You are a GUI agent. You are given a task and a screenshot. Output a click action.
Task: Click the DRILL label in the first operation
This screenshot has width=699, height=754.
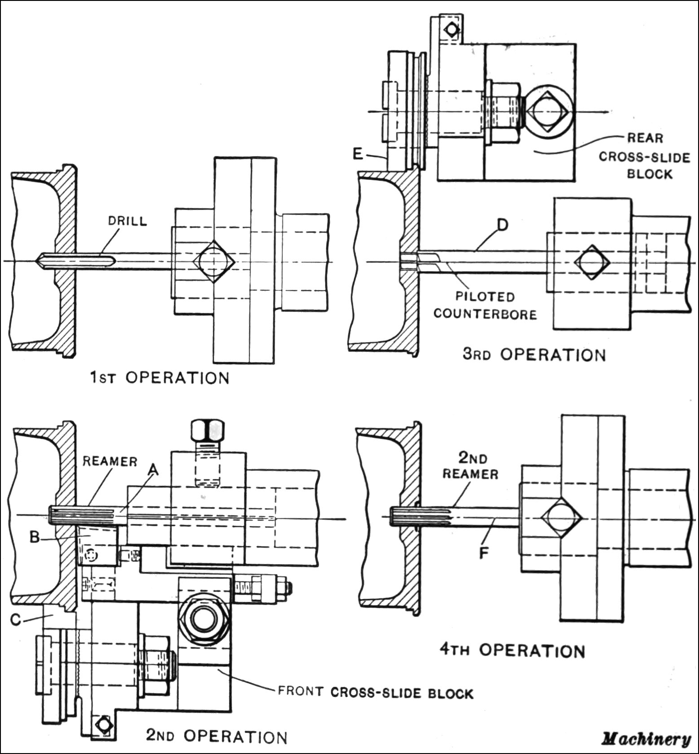(127, 221)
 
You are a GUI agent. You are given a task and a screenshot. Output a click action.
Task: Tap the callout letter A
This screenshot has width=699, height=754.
(154, 469)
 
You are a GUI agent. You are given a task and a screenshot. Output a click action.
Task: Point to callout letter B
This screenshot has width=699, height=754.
(35, 537)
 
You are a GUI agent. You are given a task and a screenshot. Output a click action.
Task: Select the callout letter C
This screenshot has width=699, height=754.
(16, 619)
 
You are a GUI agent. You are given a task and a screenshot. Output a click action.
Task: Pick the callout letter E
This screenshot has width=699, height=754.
(358, 154)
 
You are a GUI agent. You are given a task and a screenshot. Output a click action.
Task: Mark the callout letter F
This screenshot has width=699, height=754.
(484, 553)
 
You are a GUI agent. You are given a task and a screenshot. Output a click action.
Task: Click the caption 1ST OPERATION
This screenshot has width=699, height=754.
(160, 378)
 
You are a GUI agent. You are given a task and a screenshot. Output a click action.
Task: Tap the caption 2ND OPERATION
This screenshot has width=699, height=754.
(216, 736)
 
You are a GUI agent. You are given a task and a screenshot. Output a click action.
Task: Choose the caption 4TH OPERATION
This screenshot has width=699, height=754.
(512, 650)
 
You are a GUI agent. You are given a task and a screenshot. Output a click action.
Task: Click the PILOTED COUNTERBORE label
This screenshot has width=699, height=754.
(485, 305)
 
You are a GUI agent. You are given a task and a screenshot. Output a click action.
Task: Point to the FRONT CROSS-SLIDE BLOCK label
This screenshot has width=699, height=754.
(375, 693)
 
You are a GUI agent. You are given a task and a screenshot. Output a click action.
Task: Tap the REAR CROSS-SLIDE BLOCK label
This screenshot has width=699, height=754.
(645, 156)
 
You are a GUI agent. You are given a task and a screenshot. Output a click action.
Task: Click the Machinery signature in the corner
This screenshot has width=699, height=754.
(646, 739)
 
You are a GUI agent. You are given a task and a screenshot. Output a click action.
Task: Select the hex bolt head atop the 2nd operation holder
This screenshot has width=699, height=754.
(207, 430)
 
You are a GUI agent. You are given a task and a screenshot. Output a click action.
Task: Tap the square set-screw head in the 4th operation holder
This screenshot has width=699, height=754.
(561, 517)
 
